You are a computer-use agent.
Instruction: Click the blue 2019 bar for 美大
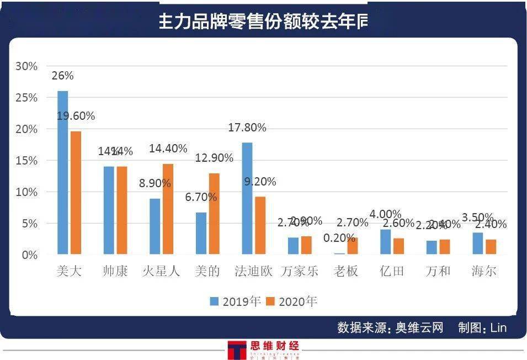click(x=63, y=173)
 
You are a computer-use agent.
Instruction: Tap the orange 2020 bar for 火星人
click(x=168, y=209)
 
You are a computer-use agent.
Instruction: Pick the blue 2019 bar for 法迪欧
click(x=247, y=199)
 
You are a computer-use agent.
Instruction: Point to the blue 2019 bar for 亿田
click(x=385, y=242)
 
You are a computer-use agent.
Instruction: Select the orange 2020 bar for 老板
click(x=352, y=246)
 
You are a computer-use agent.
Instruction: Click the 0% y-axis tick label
click(x=29, y=255)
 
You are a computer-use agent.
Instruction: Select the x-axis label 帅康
click(x=115, y=271)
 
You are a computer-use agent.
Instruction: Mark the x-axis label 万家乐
click(x=300, y=271)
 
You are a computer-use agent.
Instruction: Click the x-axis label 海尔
click(x=484, y=271)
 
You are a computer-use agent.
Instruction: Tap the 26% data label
click(x=62, y=76)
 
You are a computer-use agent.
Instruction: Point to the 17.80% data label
click(x=247, y=128)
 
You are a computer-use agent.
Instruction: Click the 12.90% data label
click(x=214, y=158)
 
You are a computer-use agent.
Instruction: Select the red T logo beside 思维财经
click(x=237, y=350)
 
